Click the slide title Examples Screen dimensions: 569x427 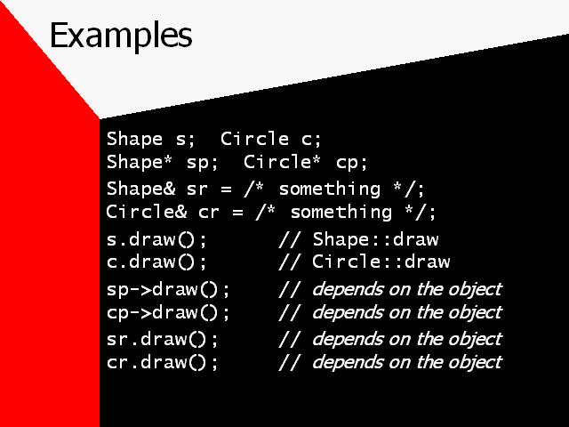[121, 36]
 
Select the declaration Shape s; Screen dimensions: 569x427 [151, 139]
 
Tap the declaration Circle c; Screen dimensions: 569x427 [270, 139]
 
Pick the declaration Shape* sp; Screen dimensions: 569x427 [162, 162]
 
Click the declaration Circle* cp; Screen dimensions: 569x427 [306, 162]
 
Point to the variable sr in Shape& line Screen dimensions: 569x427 [197, 189]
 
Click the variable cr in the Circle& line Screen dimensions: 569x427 [209, 213]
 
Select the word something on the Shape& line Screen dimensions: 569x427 [330, 189]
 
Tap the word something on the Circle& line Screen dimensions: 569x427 [341, 213]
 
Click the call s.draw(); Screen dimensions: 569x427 [156, 240]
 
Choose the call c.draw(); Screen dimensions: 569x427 [156, 262]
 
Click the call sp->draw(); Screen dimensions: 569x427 [168, 290]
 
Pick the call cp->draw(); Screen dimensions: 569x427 [168, 312]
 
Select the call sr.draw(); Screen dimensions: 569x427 [162, 340]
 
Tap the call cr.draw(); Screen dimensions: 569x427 [162, 362]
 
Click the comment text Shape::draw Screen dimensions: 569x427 [375, 239]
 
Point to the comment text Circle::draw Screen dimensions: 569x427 [381, 262]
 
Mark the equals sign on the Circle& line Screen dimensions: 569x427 [237, 213]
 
